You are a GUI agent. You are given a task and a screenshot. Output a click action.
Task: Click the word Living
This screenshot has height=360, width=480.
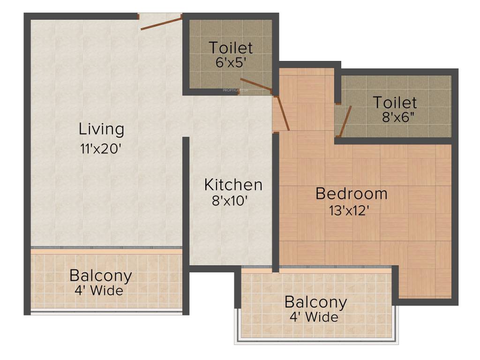pos(102,129)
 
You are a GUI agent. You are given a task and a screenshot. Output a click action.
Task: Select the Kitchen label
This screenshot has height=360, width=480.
pos(233,185)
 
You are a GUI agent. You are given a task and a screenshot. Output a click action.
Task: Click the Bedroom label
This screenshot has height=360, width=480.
pos(351,193)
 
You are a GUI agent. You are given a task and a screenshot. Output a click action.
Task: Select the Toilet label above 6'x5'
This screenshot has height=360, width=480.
pos(231,48)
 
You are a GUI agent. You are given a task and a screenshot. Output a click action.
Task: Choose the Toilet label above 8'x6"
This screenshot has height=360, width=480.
pos(395,102)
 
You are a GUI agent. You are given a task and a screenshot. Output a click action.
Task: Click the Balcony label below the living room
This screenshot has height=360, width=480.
pos(101,276)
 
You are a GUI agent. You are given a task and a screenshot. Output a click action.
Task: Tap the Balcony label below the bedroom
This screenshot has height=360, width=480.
pos(315,302)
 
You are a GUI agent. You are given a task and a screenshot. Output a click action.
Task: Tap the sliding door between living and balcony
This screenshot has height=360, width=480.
pos(106,247)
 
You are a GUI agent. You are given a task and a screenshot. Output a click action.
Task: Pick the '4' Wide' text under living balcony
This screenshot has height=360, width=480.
pos(99,291)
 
